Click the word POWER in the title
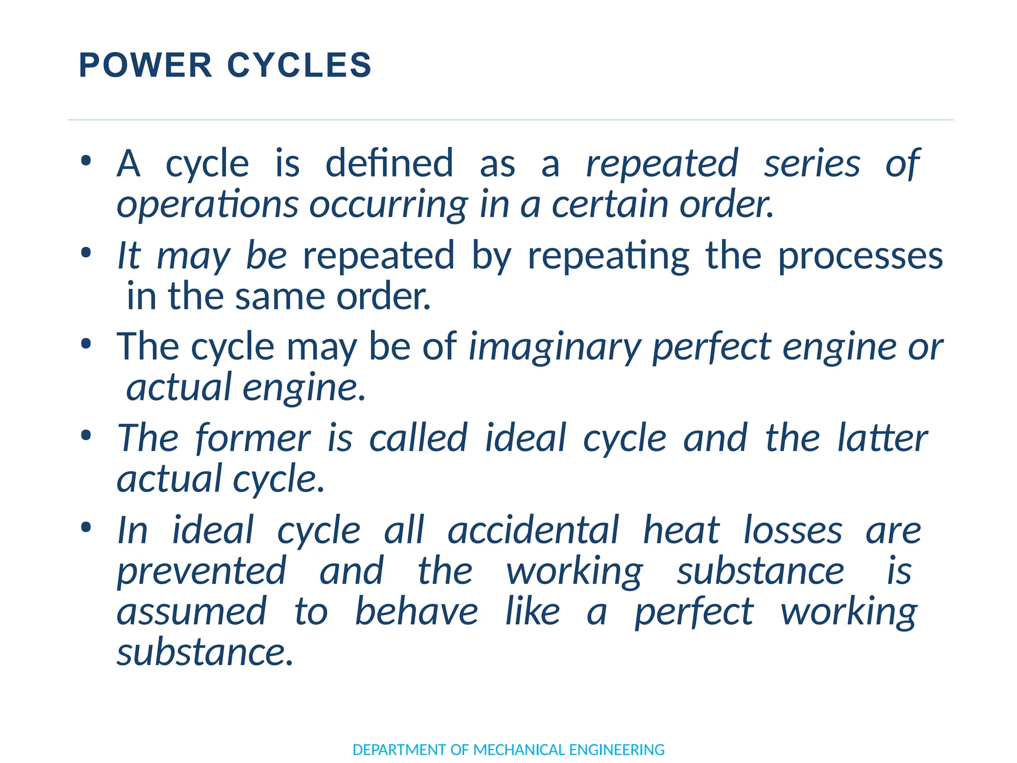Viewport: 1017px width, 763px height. [x=145, y=66]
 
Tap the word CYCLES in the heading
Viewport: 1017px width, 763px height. [x=299, y=66]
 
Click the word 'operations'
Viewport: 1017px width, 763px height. [x=208, y=205]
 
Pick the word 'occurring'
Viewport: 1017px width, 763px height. [x=388, y=205]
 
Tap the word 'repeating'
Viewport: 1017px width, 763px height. [x=608, y=256]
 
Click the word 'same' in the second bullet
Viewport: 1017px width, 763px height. [x=280, y=297]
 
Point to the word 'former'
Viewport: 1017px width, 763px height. [x=253, y=438]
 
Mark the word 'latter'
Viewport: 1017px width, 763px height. [x=882, y=438]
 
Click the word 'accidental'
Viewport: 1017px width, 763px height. [x=533, y=531]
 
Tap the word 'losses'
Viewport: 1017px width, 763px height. [x=793, y=531]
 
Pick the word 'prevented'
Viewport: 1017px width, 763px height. [x=202, y=571]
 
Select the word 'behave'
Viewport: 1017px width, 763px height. [x=417, y=612]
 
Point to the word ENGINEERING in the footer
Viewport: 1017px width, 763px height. [x=617, y=750]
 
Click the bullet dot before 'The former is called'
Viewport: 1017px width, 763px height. [x=86, y=436]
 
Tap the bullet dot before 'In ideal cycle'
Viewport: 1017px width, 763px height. [x=86, y=528]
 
